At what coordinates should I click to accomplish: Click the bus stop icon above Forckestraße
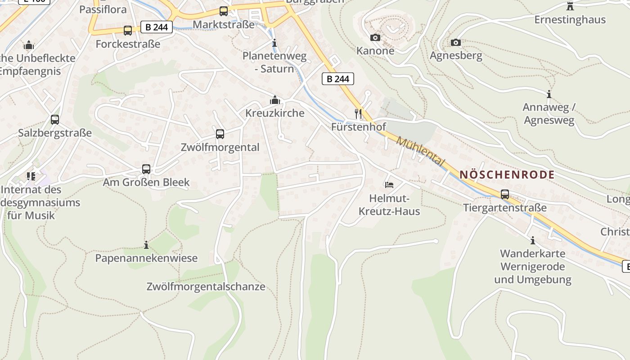pos(128,30)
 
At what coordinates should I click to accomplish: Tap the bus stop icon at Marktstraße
pos(224,11)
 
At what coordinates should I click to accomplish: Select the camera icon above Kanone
pos(375,38)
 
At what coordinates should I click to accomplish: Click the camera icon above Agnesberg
pos(456,43)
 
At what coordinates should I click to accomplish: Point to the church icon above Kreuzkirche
pos(274,100)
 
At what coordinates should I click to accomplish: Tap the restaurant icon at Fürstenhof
pos(358,113)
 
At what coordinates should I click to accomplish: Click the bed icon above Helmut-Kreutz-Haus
pos(389,184)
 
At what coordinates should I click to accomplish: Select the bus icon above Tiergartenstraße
pos(505,194)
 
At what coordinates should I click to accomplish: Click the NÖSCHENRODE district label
pos(507,175)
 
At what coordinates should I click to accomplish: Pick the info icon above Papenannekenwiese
pos(146,245)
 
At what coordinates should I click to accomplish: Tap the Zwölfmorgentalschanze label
pos(206,287)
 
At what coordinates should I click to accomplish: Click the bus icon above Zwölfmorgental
pos(220,134)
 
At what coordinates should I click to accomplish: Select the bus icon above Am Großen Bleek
pos(146,169)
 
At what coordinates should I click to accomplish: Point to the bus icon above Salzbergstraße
pos(55,120)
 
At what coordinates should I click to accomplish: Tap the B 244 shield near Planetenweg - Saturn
pos(338,79)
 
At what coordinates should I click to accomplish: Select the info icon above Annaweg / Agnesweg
pos(549,94)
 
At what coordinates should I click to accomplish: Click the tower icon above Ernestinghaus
pos(570,6)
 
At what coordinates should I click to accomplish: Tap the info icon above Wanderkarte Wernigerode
pos(533,240)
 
